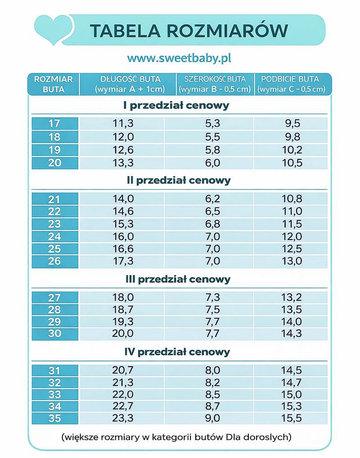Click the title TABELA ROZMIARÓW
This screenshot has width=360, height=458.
(189, 31)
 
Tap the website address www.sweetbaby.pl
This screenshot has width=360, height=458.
(179, 59)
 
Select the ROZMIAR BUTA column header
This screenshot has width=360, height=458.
(54, 84)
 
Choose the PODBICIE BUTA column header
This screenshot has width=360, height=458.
(291, 84)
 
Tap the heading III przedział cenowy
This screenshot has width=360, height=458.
(177, 279)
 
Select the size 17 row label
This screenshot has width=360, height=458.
(54, 124)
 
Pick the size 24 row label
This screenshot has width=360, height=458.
(54, 236)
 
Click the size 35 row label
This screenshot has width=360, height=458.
(54, 418)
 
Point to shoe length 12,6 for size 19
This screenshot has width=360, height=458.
(123, 150)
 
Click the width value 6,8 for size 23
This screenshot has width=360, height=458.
(212, 224)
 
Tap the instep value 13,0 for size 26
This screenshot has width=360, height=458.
(292, 261)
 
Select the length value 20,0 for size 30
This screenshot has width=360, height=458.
(123, 333)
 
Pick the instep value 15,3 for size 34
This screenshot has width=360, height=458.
(292, 407)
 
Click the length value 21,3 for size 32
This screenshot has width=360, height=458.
(123, 382)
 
